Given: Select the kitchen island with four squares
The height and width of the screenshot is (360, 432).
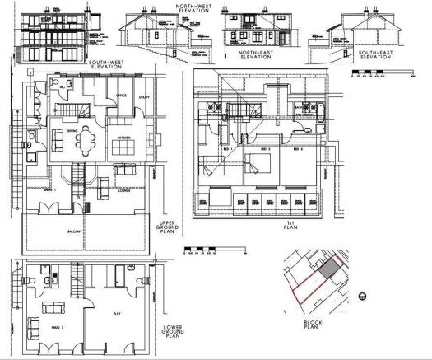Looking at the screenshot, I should [125, 147].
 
